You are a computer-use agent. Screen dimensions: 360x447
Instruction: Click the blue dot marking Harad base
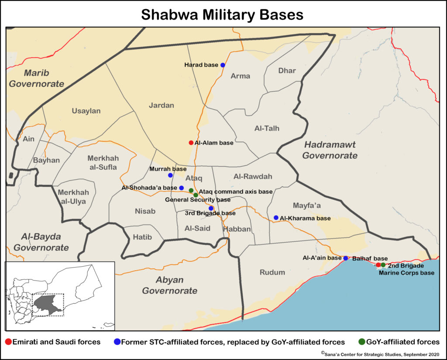[223, 65]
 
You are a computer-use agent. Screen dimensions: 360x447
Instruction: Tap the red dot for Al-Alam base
[191, 143]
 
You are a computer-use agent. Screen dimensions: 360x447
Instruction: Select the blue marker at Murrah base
[170, 175]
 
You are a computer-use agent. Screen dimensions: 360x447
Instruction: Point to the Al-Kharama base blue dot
[276, 218]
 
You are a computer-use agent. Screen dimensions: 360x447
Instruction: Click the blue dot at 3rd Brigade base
[211, 209]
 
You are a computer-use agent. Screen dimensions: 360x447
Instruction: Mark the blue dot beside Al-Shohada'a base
[182, 188]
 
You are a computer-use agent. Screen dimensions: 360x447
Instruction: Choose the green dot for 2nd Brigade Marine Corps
[383, 265]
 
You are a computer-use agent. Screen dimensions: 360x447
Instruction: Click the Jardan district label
[161, 105]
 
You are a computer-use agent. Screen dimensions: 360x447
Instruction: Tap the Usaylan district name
[86, 111]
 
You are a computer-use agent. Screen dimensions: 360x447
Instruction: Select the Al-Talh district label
[267, 128]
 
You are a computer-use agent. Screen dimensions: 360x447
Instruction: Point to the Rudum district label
[272, 272]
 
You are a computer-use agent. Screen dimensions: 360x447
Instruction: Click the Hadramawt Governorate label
[330, 150]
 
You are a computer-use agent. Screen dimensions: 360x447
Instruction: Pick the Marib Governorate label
[38, 78]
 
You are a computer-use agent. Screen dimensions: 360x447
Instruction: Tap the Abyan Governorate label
[169, 285]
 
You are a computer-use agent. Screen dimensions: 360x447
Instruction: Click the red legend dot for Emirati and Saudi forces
[9, 342]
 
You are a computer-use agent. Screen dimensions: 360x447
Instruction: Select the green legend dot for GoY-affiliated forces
[361, 342]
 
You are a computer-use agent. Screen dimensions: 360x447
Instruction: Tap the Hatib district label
[141, 237]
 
